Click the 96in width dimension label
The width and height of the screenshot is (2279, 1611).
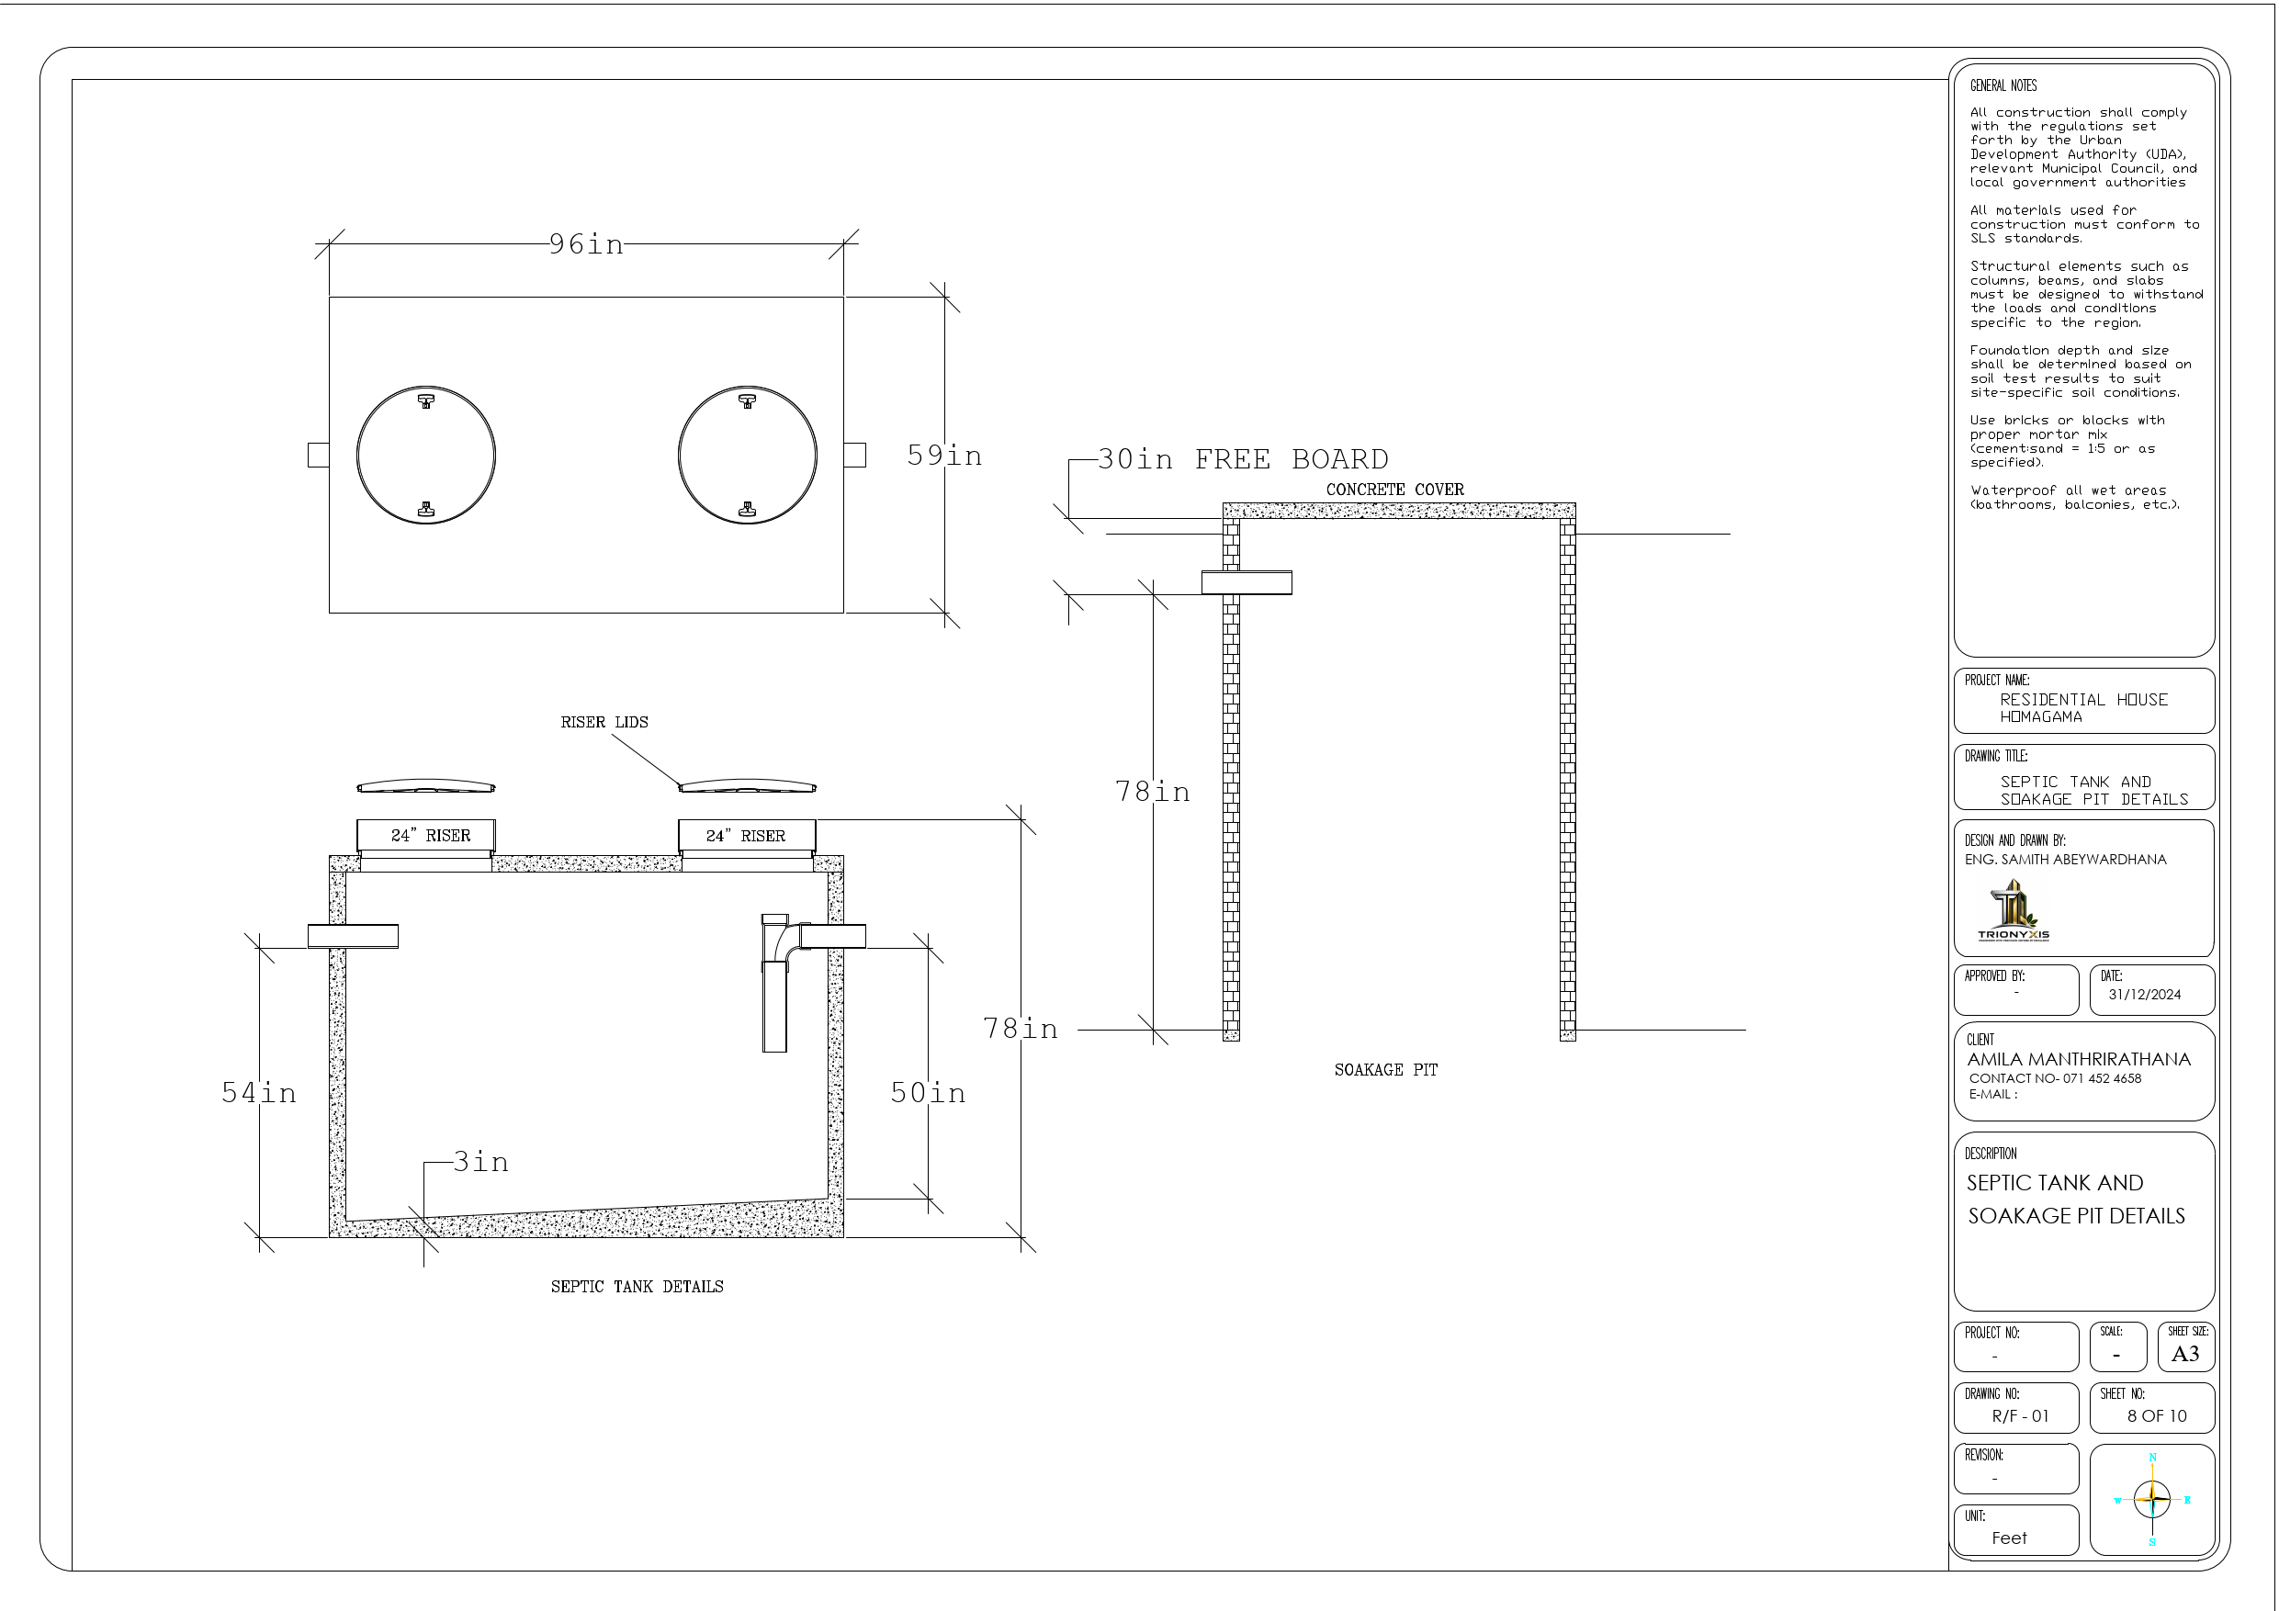pyautogui.click(x=587, y=244)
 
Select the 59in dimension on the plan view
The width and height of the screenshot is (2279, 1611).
pyautogui.click(x=944, y=456)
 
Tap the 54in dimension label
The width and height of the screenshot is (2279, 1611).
pyautogui.click(x=259, y=1093)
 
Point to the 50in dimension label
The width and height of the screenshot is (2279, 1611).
pyautogui.click(x=928, y=1093)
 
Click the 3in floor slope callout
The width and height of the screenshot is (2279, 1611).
pyautogui.click(x=481, y=1163)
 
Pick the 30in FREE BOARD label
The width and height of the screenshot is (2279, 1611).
pyautogui.click(x=1243, y=459)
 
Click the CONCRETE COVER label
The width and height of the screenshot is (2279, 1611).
pyautogui.click(x=1394, y=490)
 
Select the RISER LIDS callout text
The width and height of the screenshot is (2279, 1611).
pyautogui.click(x=604, y=723)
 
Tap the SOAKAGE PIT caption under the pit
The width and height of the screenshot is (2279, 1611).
pyautogui.click(x=1385, y=1070)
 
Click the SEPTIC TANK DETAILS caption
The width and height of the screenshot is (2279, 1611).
pyautogui.click(x=637, y=1287)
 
